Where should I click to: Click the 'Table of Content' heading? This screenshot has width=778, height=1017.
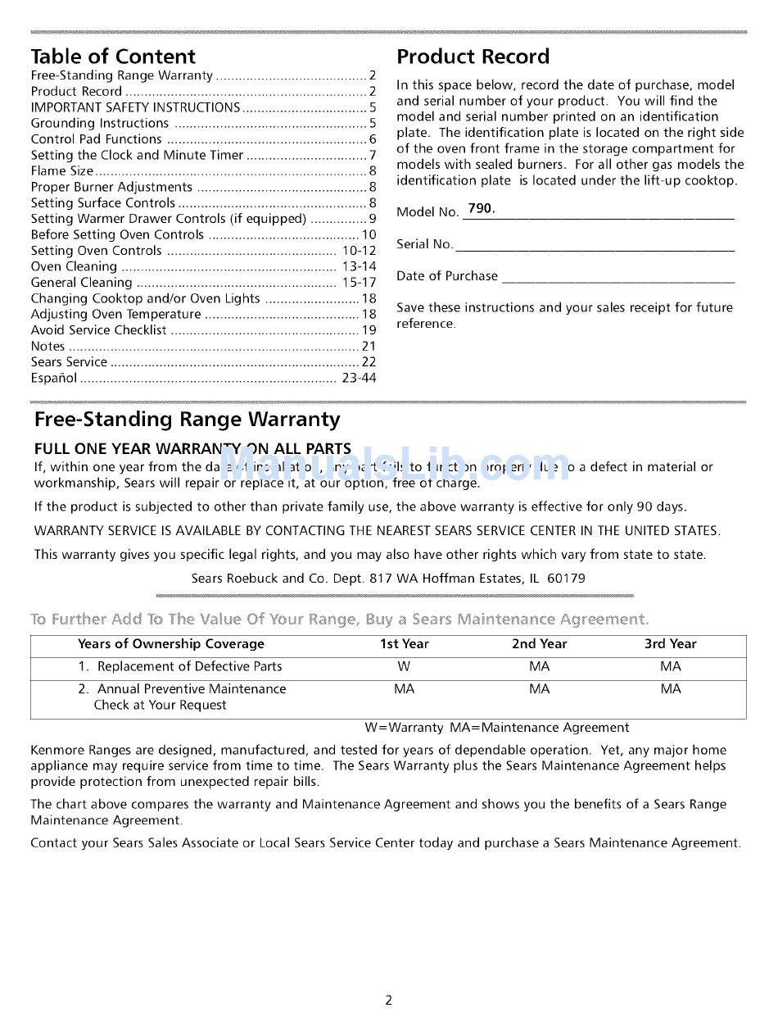pos(113,57)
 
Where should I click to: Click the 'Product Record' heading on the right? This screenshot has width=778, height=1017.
pos(473,57)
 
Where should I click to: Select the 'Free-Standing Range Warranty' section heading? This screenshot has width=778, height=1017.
pos(187,420)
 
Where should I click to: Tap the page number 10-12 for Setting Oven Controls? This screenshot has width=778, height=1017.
pos(359,251)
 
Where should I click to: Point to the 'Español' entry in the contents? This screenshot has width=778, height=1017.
pos(54,378)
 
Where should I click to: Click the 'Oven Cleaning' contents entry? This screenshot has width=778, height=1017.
pos(74,266)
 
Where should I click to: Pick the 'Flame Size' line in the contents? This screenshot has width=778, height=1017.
pos(62,171)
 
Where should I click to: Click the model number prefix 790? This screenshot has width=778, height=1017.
pos(481,209)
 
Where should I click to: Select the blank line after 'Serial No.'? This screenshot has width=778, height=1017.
pos(595,247)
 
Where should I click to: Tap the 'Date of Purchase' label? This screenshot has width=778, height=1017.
pos(447,276)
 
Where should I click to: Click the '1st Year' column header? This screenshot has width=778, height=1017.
pos(404,644)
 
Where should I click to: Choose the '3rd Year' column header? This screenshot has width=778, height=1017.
pos(670,644)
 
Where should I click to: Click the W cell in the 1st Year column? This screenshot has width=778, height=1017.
pos(404,667)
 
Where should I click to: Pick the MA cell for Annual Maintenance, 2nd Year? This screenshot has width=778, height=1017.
pos(539,689)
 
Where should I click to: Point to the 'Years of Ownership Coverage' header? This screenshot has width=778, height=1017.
pos(171,644)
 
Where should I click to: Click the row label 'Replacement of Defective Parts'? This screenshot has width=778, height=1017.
pos(189,667)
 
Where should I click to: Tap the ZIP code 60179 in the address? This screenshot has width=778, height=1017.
pos(566,578)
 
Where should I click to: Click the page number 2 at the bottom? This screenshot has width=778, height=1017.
pos(389,1000)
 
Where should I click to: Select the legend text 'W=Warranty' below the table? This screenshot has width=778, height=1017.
pos(404,728)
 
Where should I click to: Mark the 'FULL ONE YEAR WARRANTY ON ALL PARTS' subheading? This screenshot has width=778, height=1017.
pos(192,449)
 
